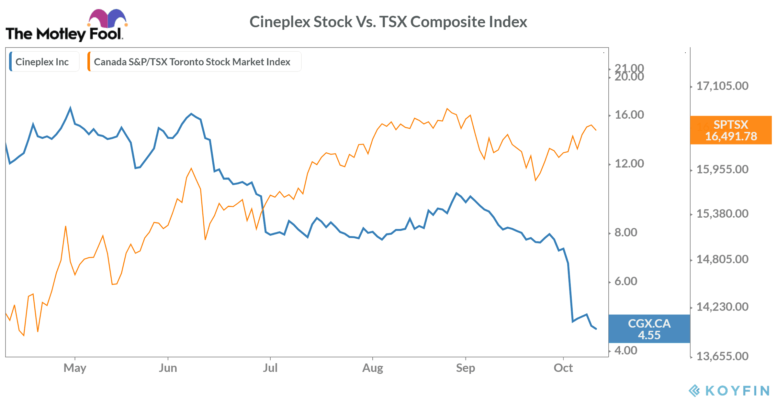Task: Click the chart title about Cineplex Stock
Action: click(388, 22)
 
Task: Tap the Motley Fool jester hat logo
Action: click(107, 19)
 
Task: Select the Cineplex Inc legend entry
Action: click(42, 62)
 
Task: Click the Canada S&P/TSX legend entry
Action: click(192, 62)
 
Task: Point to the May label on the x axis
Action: click(75, 368)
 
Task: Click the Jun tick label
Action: click(168, 368)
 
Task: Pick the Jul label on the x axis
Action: click(270, 368)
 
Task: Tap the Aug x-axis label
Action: click(373, 368)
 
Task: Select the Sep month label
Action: click(465, 368)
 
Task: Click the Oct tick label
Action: click(563, 368)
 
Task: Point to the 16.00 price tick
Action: click(629, 115)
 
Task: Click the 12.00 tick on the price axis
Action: click(629, 164)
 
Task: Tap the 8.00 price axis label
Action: click(625, 233)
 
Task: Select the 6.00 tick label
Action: click(625, 281)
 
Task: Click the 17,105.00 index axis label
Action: click(722, 86)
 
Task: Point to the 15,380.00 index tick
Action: click(722, 214)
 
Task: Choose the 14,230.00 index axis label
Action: click(722, 307)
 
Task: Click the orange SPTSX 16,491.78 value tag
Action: click(731, 130)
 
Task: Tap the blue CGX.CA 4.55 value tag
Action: click(649, 329)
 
